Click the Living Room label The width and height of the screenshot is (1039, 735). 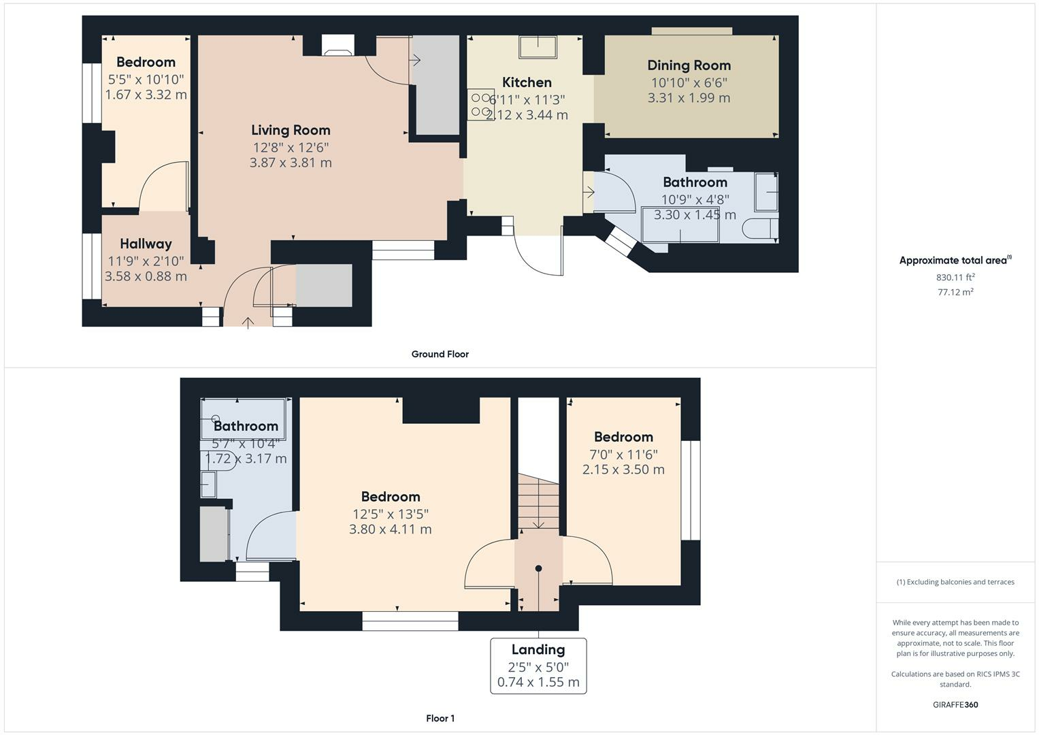click(x=291, y=130)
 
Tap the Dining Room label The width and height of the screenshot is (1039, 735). click(x=689, y=65)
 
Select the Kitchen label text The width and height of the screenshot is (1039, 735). click(x=527, y=82)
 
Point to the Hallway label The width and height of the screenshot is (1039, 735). click(x=146, y=244)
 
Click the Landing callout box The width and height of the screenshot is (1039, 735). click(x=538, y=665)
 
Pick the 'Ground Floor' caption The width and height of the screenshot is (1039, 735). click(x=440, y=354)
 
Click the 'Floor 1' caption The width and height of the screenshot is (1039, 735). click(x=440, y=718)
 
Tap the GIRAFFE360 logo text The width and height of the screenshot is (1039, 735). click(x=955, y=704)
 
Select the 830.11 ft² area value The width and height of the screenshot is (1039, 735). click(x=955, y=277)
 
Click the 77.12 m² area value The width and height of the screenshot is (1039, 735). click(x=955, y=292)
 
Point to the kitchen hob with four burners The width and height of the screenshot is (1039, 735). click(x=480, y=105)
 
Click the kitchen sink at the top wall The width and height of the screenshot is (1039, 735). click(x=538, y=47)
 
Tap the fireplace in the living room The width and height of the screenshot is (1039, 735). click(x=337, y=45)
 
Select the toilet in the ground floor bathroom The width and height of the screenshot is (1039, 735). click(x=760, y=228)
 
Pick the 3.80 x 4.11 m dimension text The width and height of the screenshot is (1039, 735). click(x=390, y=529)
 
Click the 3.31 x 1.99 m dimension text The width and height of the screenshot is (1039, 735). click(x=689, y=98)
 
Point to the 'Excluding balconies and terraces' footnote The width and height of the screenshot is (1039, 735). click(x=955, y=582)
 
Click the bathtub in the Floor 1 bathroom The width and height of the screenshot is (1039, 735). click(x=244, y=419)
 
